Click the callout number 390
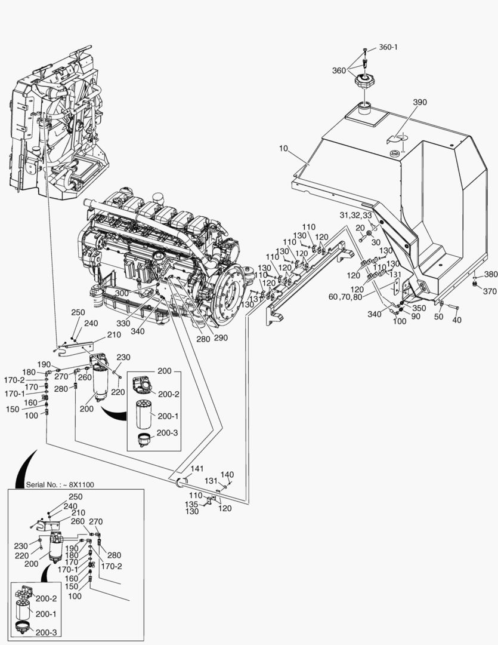click(420, 102)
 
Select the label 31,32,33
click(355, 215)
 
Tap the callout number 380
click(490, 274)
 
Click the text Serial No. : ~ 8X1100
click(60, 484)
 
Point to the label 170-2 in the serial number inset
click(111, 566)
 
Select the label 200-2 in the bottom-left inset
click(45, 598)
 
